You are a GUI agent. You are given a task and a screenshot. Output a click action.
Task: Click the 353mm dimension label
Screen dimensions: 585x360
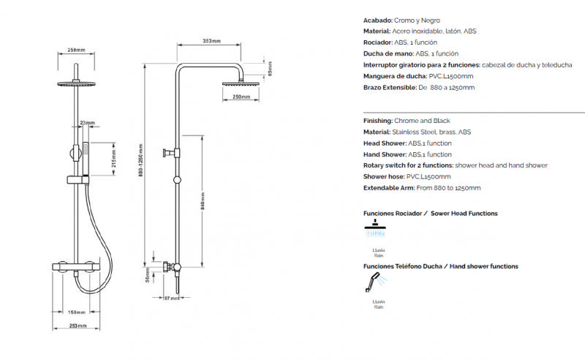211,41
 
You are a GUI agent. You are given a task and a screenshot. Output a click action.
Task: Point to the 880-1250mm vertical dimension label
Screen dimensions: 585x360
140,160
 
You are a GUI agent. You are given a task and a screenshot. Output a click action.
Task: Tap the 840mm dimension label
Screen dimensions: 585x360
203,201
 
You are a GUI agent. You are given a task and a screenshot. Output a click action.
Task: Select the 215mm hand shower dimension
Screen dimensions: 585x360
114,158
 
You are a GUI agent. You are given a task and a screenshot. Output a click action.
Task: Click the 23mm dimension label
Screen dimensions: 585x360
87,122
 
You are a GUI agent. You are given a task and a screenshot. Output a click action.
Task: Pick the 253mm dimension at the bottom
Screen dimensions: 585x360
78,326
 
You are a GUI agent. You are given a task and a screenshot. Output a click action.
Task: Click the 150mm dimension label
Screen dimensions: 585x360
77,312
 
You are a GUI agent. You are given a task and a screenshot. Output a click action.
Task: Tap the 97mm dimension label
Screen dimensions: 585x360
172,298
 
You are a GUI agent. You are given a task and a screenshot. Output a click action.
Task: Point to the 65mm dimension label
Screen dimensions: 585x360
270,69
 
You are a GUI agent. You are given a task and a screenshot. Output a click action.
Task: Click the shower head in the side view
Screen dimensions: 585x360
241,83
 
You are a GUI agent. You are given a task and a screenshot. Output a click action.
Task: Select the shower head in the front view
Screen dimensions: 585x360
76,83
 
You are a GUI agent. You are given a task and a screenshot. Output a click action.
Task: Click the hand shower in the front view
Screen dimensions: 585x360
86,159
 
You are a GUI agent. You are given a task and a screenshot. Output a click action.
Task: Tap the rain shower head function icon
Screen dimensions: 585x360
375,228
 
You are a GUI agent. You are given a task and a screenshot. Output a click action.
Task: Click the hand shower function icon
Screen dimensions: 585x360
376,282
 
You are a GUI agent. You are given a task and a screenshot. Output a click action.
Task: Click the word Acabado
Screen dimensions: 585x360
377,20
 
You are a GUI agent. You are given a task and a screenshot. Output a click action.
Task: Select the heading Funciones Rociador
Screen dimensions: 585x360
393,214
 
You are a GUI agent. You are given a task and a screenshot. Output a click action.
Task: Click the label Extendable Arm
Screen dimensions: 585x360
389,188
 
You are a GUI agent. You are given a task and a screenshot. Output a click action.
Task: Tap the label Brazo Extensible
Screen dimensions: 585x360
390,88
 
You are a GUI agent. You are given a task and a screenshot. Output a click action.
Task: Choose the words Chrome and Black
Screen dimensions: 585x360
422,121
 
